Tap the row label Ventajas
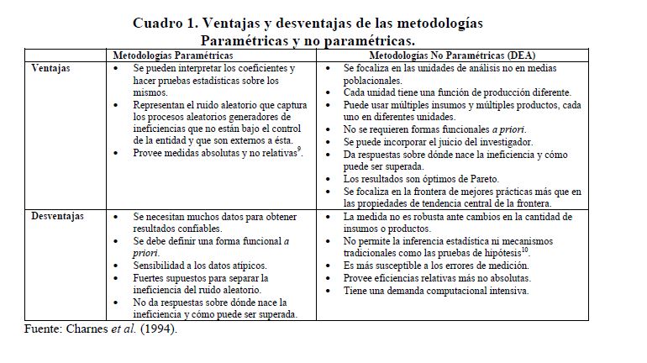click(51, 66)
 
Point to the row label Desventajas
click(58, 217)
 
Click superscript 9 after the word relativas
click(300, 151)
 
